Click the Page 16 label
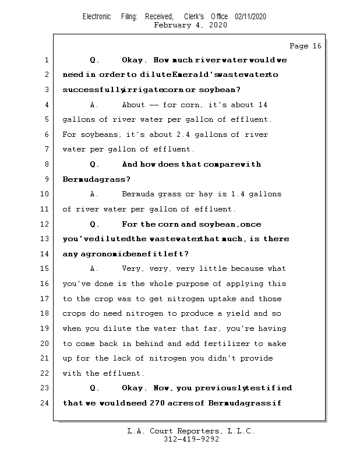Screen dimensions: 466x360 (x=305, y=46)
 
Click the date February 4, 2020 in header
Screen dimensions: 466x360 (x=190, y=25)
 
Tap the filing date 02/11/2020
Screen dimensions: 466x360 (x=250, y=17)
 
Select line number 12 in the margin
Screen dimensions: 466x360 (x=46, y=224)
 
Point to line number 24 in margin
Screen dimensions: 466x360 (x=46, y=403)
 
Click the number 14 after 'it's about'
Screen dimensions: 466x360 (x=262, y=105)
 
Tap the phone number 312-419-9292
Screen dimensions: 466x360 (x=191, y=439)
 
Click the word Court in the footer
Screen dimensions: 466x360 (x=165, y=431)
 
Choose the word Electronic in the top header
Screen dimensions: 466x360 (x=97, y=17)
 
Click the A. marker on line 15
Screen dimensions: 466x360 (x=94, y=269)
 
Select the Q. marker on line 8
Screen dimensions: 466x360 (x=94, y=164)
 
